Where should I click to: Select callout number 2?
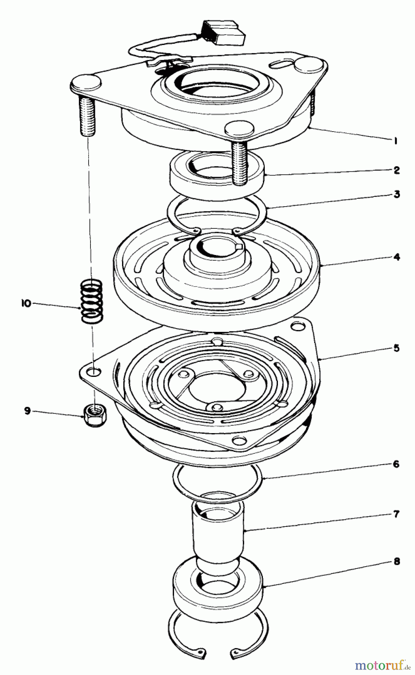[x=397, y=170]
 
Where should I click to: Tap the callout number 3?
[x=397, y=194]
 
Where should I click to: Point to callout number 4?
[x=397, y=257]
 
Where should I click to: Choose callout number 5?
[x=397, y=348]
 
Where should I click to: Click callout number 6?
[x=397, y=464]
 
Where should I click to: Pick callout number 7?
[x=397, y=514]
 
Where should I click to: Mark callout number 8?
[x=397, y=561]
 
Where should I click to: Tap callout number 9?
[x=27, y=411]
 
